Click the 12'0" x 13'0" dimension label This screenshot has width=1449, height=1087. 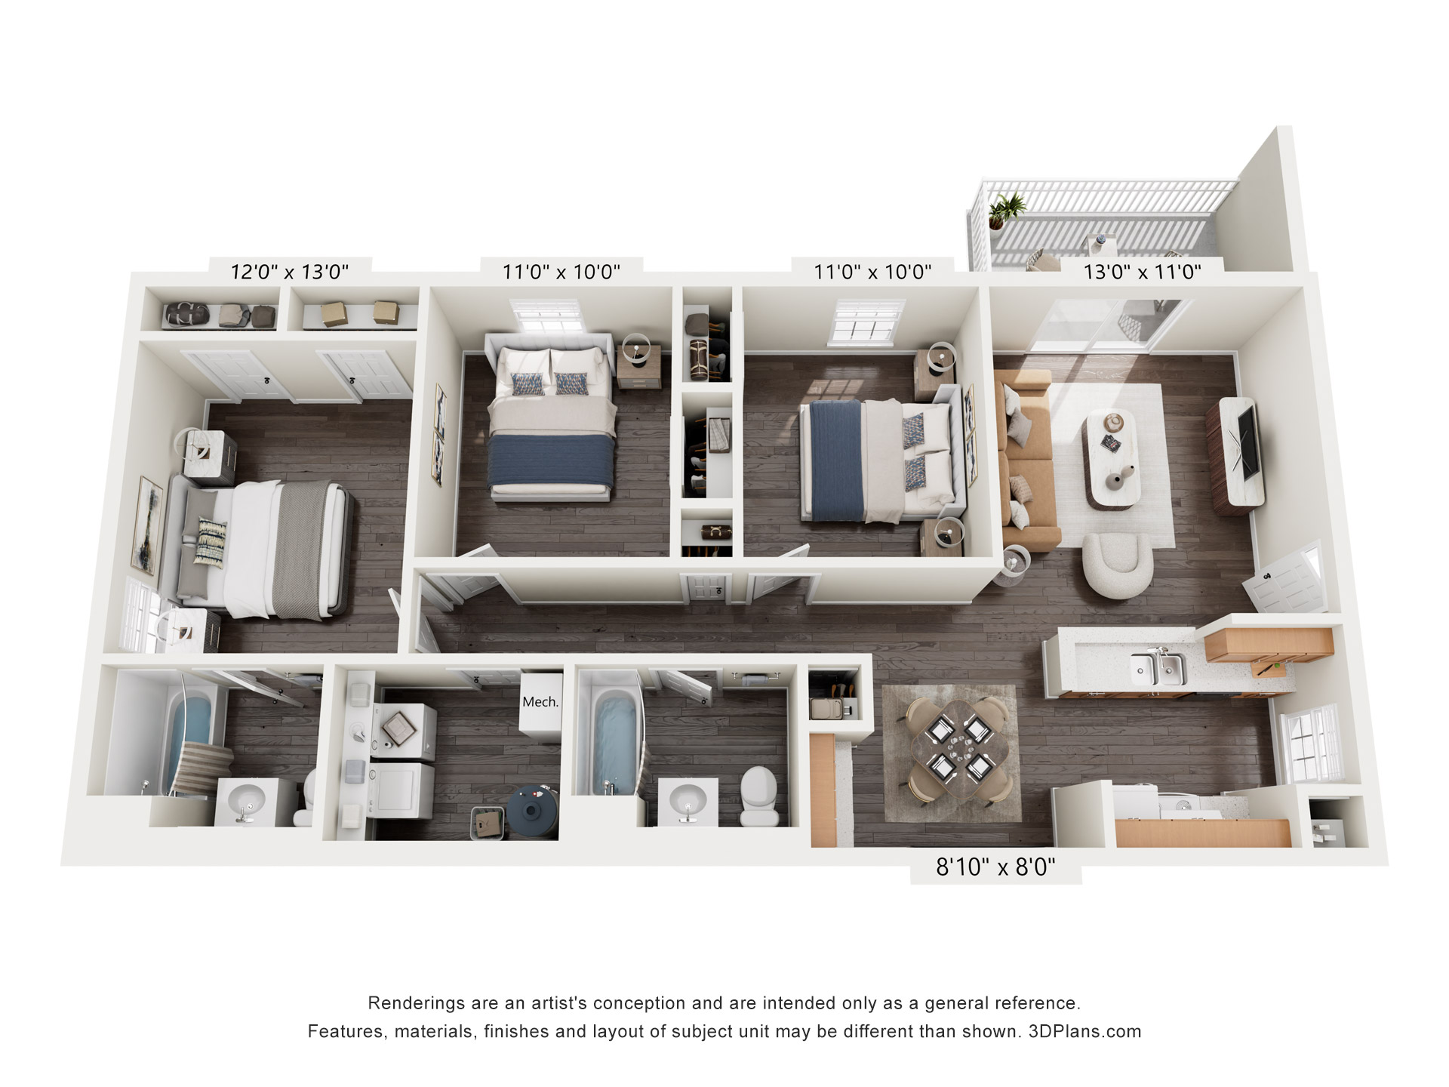click(x=290, y=271)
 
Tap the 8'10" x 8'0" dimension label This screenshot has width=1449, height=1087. click(x=995, y=867)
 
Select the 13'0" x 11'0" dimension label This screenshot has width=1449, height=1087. click(x=1142, y=271)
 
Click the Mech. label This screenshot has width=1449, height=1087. click(x=540, y=702)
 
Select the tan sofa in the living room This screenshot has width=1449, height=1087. click(x=1026, y=462)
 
